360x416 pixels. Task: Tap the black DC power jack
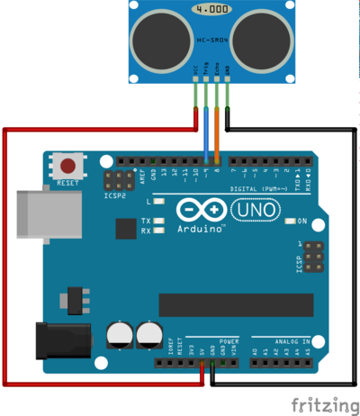click(x=60, y=341)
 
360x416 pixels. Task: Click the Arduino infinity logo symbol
click(x=198, y=210)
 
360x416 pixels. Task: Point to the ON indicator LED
click(x=289, y=221)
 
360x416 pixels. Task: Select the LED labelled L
click(x=158, y=203)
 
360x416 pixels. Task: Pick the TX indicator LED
click(x=158, y=221)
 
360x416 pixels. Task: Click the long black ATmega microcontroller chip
click(x=236, y=304)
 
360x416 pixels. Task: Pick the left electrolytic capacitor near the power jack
click(x=118, y=335)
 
